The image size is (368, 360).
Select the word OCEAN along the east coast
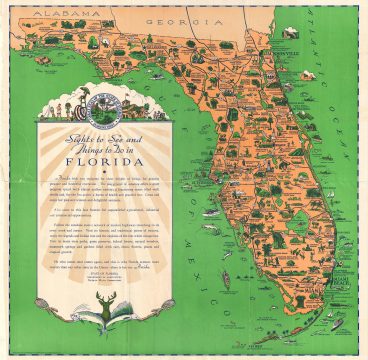340,120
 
